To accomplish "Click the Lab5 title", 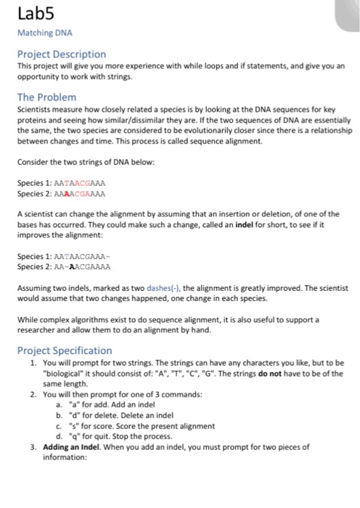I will coord(33,14).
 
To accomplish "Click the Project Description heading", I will coord(61,54).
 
